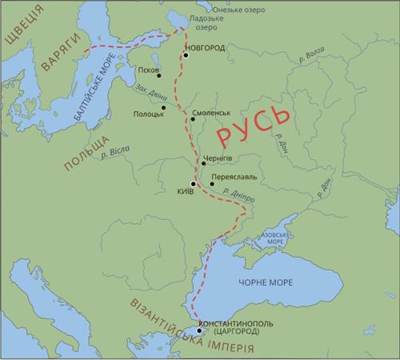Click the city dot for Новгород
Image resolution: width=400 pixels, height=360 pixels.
[186, 55]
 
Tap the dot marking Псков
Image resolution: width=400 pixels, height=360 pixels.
[160, 76]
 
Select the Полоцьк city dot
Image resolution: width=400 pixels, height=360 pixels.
[163, 107]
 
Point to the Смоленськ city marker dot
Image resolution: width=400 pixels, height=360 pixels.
[191, 121]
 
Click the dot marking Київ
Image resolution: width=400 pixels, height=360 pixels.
[193, 183]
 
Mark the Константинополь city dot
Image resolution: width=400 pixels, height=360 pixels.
[198, 330]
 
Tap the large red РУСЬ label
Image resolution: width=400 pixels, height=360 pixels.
[254, 123]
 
